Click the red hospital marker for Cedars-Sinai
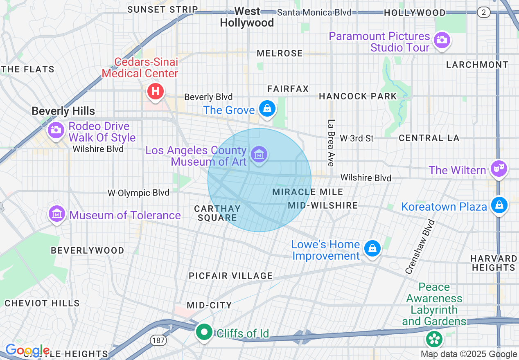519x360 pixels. (156, 91)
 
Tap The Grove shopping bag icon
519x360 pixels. (267, 109)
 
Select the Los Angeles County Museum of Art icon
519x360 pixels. (259, 155)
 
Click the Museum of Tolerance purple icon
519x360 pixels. (57, 214)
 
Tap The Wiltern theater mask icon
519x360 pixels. (499, 168)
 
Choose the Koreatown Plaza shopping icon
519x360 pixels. (499, 205)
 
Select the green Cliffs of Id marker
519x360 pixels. (204, 332)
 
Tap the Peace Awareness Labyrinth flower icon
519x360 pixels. (433, 339)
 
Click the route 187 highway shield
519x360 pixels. (158, 340)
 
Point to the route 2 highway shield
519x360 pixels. (484, 12)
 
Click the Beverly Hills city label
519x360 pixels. (63, 111)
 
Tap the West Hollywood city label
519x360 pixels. (247, 17)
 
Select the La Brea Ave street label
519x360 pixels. (331, 143)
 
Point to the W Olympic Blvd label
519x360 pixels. (138, 193)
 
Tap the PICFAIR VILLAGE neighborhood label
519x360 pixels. (230, 276)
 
